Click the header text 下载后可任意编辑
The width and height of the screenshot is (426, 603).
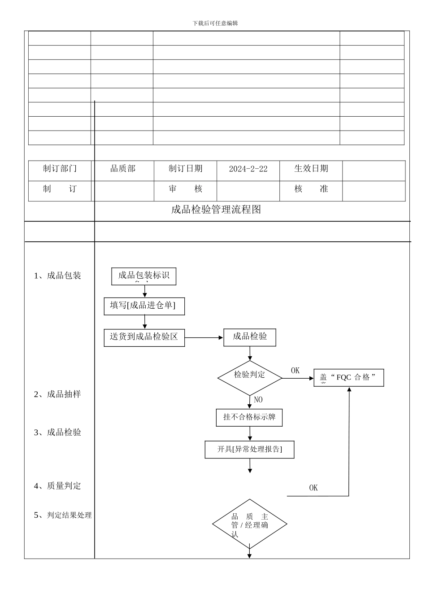point(215,23)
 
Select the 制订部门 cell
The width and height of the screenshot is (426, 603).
point(60,169)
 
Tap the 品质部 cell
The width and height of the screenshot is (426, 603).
point(123,169)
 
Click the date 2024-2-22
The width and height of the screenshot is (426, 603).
point(248,169)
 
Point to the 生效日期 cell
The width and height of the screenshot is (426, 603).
point(311,169)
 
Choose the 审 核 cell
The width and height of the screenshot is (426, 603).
point(186,189)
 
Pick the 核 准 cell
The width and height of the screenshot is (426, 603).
point(311,189)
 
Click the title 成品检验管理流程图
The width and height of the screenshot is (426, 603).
point(216,210)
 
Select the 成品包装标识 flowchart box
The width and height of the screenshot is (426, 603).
point(144,276)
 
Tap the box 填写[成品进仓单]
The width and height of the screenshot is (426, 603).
point(144,306)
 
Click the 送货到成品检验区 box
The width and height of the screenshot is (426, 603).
point(144,337)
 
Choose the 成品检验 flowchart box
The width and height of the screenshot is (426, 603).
point(250,337)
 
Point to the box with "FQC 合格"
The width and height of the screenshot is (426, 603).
point(349,378)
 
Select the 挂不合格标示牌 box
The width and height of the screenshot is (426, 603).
point(249,417)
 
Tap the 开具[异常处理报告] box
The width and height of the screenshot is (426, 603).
point(249,450)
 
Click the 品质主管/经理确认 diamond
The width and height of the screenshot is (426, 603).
point(250,524)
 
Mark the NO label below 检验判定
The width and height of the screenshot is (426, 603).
point(258,400)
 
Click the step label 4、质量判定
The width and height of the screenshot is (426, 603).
point(58,486)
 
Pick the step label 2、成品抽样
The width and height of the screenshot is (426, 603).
point(58,394)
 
